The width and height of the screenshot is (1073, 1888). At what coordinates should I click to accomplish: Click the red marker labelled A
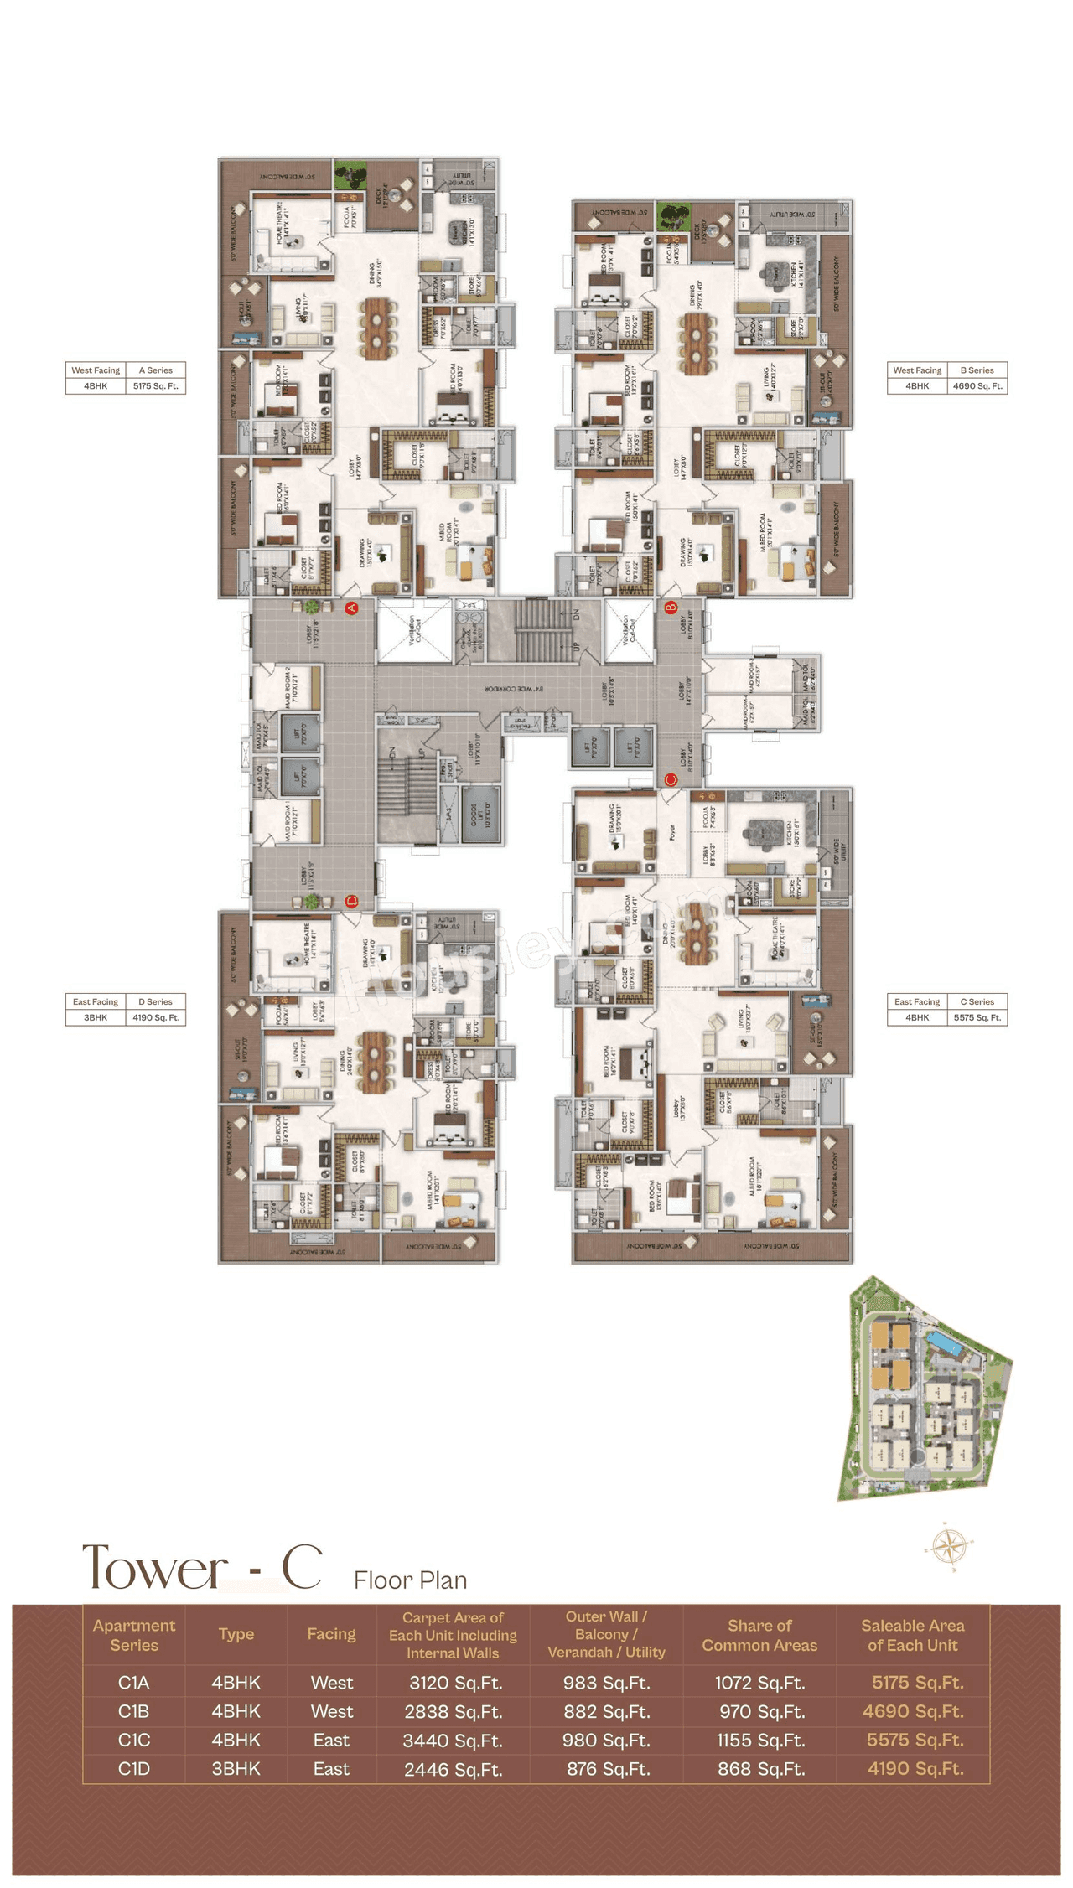click(352, 608)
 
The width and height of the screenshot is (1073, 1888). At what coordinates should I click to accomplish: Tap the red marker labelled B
click(671, 608)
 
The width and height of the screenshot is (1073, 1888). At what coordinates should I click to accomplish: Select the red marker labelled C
click(671, 779)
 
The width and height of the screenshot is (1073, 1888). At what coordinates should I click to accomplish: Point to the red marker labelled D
click(352, 902)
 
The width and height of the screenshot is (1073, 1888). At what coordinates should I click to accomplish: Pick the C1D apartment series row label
click(134, 1768)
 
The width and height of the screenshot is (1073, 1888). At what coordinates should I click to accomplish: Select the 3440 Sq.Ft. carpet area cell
click(453, 1741)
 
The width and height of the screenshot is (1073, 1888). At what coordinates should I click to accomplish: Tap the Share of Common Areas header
click(759, 1635)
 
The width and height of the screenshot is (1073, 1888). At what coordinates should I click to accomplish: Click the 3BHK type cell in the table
click(236, 1768)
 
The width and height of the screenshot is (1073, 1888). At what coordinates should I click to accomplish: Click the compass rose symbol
click(950, 1544)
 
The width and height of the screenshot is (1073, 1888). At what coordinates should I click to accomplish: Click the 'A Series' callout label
click(155, 370)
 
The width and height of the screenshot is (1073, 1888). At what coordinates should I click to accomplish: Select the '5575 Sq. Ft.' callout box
click(977, 1017)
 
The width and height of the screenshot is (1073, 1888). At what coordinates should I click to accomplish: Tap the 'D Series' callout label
click(155, 1001)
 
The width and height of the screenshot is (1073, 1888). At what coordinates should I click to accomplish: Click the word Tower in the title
click(154, 1567)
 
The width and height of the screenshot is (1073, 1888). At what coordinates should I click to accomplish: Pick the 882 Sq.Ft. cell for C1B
click(607, 1711)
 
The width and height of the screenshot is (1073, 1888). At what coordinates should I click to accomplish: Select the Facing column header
click(331, 1634)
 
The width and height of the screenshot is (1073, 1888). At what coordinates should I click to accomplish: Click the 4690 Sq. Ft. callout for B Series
click(977, 386)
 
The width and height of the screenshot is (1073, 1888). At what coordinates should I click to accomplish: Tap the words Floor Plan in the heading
click(410, 1580)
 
